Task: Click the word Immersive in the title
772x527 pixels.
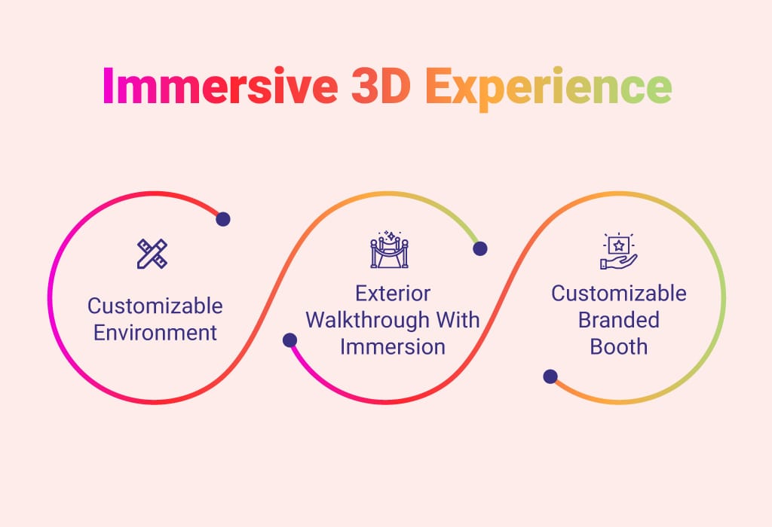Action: (x=220, y=86)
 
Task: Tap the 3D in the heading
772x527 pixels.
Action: (x=381, y=86)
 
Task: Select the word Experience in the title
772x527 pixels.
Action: (x=549, y=89)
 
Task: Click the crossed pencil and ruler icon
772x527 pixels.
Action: (x=152, y=254)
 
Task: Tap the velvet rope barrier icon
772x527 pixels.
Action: (x=390, y=250)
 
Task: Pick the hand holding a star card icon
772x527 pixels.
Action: (x=619, y=251)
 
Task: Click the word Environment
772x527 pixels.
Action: (x=155, y=333)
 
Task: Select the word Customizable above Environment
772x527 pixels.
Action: (x=155, y=306)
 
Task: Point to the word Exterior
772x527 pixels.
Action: (x=393, y=294)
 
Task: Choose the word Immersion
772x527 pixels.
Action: (x=393, y=346)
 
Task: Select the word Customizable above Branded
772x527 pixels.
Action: (x=619, y=294)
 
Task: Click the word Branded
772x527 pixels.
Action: (x=619, y=320)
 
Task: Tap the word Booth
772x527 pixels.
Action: (x=619, y=346)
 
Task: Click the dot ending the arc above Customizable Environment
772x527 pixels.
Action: (x=223, y=219)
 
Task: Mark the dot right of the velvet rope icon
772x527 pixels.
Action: (x=480, y=248)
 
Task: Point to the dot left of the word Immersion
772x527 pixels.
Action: (x=290, y=340)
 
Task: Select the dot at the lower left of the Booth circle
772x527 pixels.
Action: (x=550, y=376)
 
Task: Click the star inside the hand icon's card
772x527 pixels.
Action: (x=619, y=245)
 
